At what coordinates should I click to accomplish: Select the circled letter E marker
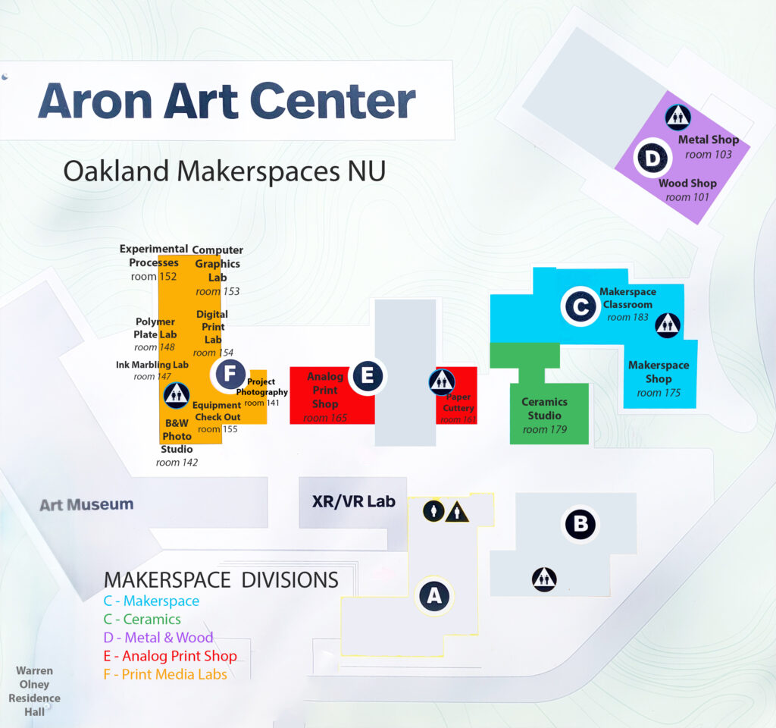point(368,375)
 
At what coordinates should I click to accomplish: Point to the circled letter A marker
point(434,596)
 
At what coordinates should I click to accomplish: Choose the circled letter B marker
point(580,524)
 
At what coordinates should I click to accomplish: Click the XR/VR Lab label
point(354,501)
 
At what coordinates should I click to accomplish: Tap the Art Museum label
point(86,504)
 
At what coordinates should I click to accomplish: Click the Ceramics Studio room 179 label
point(544,416)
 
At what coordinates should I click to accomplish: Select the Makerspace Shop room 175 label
point(659,378)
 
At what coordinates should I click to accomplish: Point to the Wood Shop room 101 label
point(687,190)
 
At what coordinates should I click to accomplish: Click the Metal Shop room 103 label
point(709,146)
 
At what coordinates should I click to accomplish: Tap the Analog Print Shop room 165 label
point(325,397)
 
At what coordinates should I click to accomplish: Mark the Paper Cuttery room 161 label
point(458,408)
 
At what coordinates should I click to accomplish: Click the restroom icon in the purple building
point(677,117)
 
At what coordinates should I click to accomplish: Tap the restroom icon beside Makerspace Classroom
point(668,325)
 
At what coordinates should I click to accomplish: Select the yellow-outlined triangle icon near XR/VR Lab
point(457,512)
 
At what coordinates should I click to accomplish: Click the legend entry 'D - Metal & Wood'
point(158,638)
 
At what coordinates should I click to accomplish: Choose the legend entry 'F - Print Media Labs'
point(165,674)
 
